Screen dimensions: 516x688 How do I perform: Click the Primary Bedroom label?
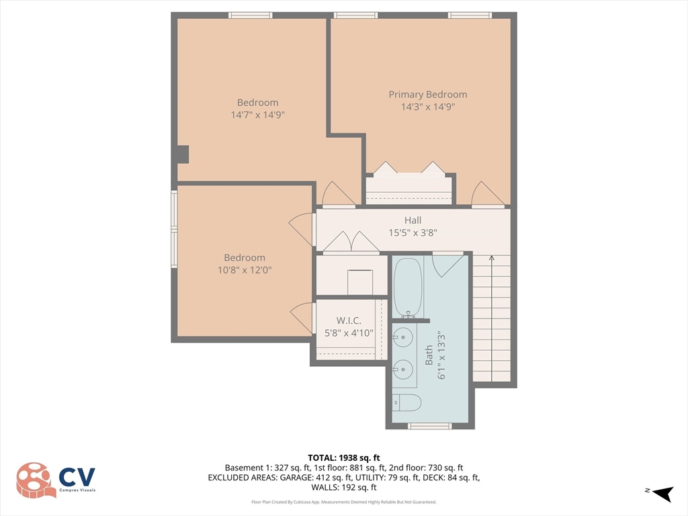click(x=427, y=95)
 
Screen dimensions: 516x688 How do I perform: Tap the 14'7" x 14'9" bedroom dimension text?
click(x=257, y=115)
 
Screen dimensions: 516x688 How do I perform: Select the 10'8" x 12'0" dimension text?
click(x=244, y=270)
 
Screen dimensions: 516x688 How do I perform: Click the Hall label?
click(x=413, y=220)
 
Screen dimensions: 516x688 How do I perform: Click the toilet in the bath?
click(x=406, y=402)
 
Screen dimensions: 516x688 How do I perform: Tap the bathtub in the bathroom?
click(x=407, y=288)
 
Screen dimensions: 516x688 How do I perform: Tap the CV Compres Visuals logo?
click(x=56, y=480)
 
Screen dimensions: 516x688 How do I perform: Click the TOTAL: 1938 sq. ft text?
click(x=343, y=456)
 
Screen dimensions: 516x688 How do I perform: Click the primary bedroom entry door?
click(x=487, y=195)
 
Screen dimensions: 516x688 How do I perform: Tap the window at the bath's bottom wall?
click(x=430, y=426)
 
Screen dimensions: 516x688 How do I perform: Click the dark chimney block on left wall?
click(x=183, y=154)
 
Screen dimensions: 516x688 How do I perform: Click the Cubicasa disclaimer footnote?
click(x=343, y=502)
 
